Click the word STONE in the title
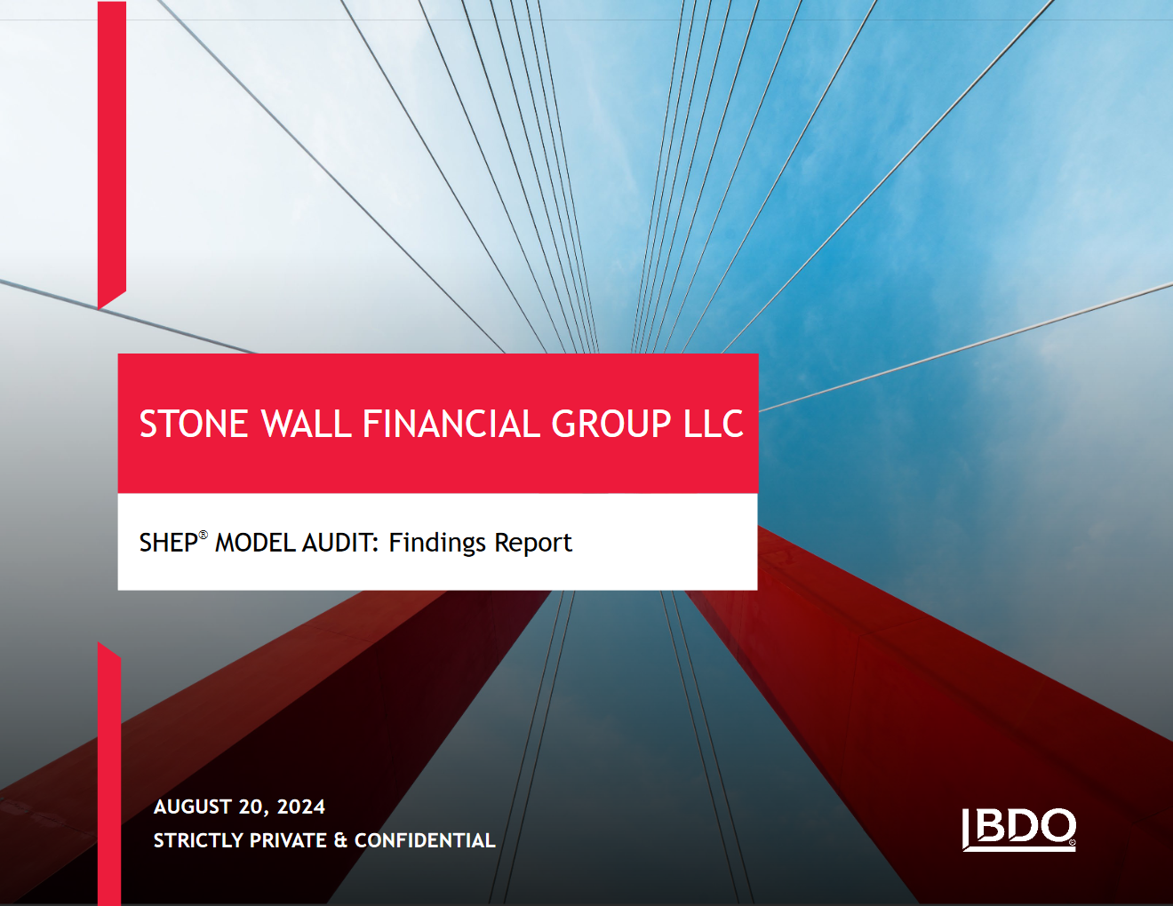coord(194,424)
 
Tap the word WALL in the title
coord(307,424)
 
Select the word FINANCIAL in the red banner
coord(451,424)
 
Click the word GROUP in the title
coord(611,424)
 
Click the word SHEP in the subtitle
coord(169,543)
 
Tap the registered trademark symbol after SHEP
coord(203,535)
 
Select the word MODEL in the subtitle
coord(255,543)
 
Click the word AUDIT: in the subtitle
coord(340,543)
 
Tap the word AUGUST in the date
coord(193,807)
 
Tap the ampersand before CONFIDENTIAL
coord(340,840)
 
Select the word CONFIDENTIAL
coord(425,840)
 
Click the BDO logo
coord(1018,830)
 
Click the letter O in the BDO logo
coord(1057,825)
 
